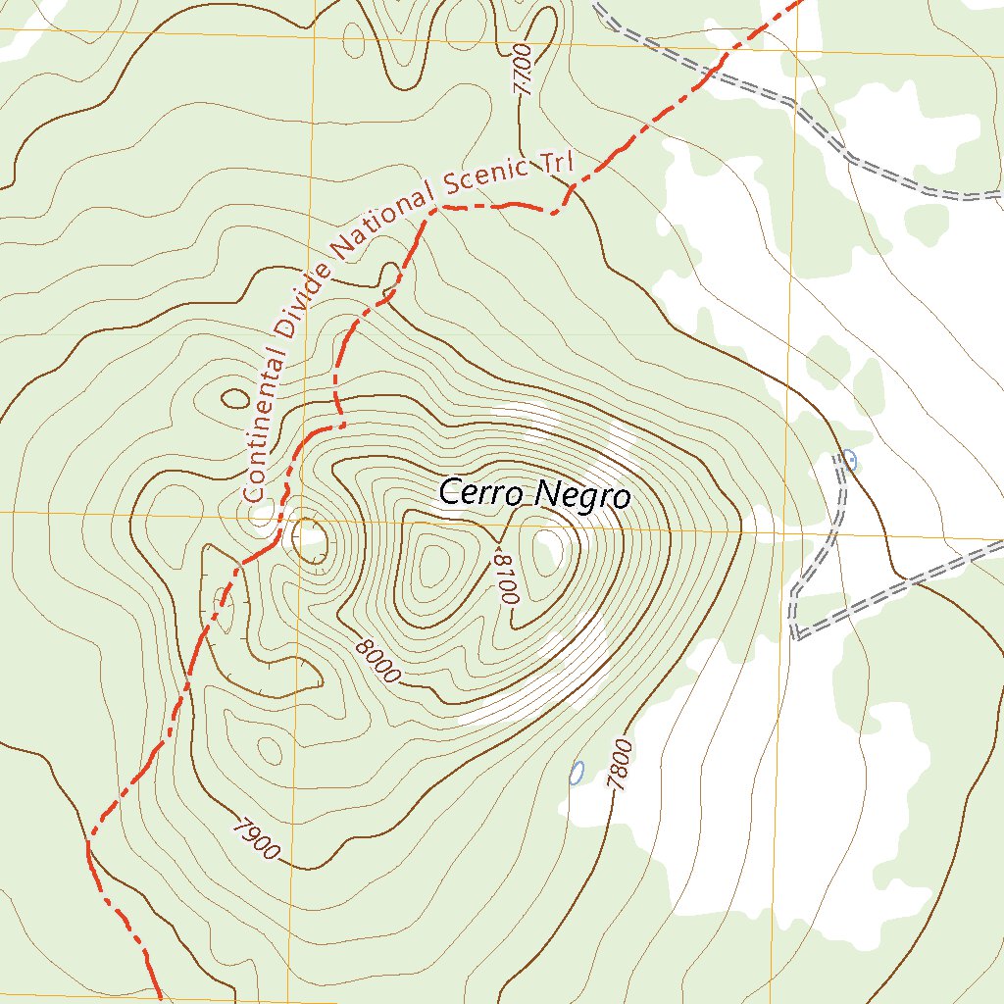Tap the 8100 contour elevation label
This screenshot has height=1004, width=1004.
[x=506, y=578]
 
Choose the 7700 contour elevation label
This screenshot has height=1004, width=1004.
[x=521, y=68]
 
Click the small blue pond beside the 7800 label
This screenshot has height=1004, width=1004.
[x=577, y=773]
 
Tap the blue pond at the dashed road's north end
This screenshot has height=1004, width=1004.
[x=849, y=459]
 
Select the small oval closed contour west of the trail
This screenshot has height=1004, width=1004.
[x=235, y=398]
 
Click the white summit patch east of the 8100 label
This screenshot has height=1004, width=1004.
[x=550, y=547]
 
